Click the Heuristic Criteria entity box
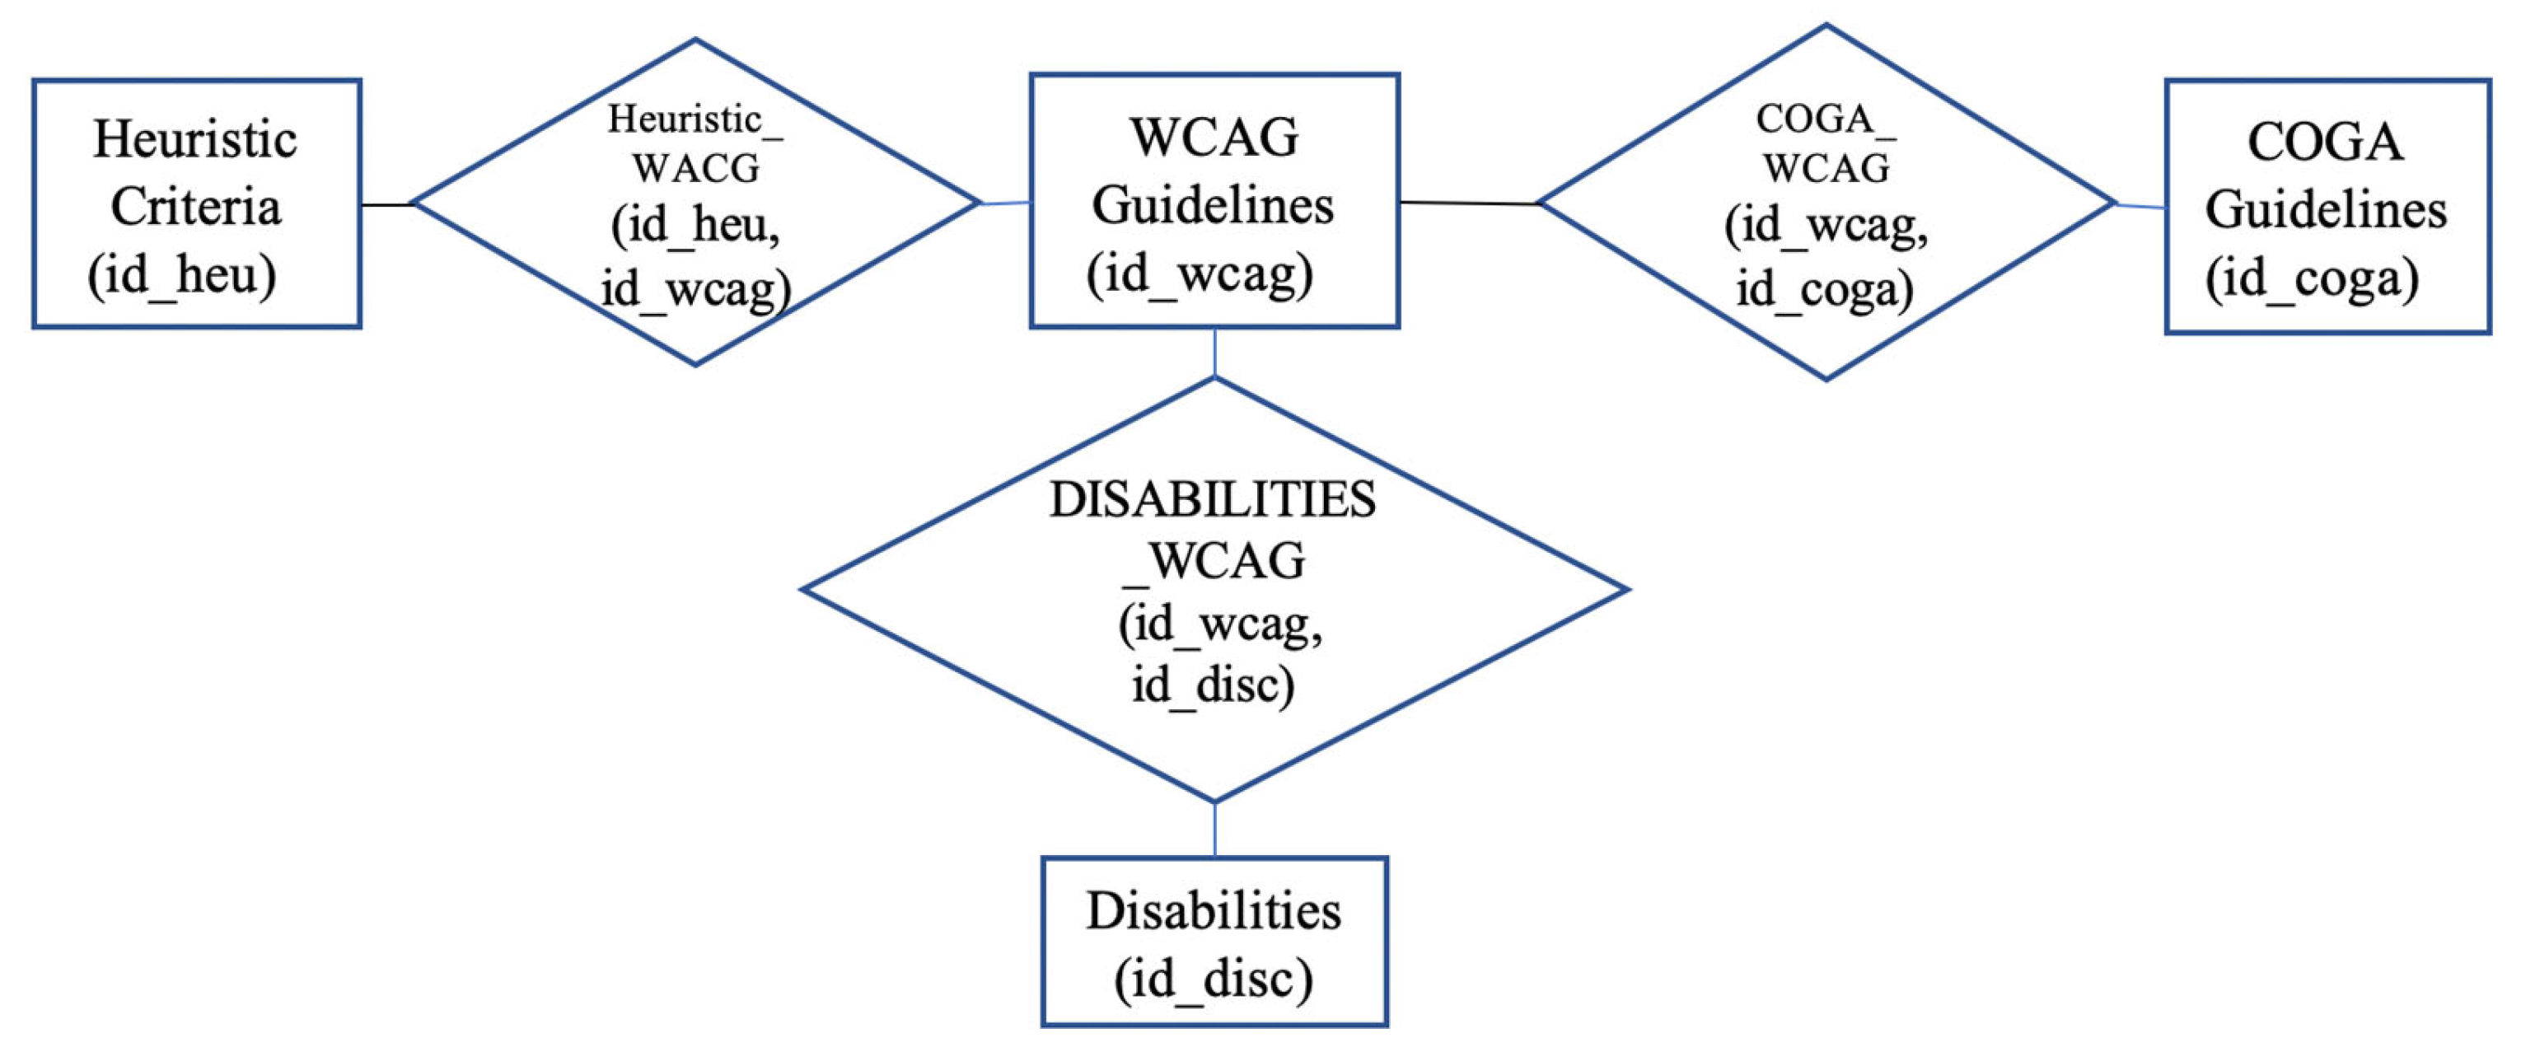point(196,203)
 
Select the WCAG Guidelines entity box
point(1214,201)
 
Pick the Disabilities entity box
point(1214,942)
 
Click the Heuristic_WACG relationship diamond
point(695,203)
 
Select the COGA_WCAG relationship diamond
point(1826,203)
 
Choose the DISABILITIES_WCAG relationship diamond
point(1214,590)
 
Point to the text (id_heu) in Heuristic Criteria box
point(182,275)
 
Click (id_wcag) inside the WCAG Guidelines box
point(1200,273)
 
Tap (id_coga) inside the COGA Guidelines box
point(2312,279)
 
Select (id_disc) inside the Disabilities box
point(1214,979)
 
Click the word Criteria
point(196,207)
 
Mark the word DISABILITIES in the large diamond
point(1214,500)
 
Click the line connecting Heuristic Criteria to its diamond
point(386,204)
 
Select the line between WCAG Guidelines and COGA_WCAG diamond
point(1468,203)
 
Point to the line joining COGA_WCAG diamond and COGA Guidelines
point(2141,205)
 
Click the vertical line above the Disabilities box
point(1214,830)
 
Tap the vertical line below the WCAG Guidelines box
point(1214,353)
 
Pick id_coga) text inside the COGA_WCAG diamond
point(1824,288)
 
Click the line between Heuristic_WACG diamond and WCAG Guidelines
point(1005,203)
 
